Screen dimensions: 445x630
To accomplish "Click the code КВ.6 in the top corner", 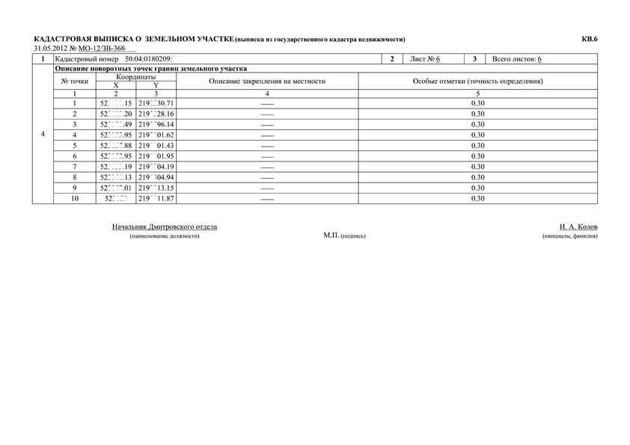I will [x=590, y=39].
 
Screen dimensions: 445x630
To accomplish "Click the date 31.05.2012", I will [x=50, y=49].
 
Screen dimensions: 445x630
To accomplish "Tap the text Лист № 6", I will [x=425, y=58].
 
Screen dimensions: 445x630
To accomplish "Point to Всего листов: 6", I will [x=517, y=58].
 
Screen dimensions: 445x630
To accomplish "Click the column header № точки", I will [x=75, y=81].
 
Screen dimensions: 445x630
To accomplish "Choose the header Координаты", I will [x=135, y=76].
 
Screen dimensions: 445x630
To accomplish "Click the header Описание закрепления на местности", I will [x=267, y=81].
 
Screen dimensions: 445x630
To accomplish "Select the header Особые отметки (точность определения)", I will [x=478, y=81].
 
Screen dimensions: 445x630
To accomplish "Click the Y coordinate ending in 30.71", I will [x=156, y=102].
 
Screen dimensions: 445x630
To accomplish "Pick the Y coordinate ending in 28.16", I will [x=156, y=114].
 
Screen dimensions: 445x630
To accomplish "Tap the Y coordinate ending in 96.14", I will [x=156, y=124].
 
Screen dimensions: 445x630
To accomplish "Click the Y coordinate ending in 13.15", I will [x=156, y=188].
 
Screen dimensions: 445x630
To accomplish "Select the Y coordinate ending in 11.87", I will [x=156, y=199].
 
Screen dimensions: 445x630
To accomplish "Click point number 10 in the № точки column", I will [x=75, y=199].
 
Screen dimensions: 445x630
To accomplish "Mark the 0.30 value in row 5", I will [x=478, y=145].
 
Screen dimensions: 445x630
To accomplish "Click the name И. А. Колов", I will [x=578, y=226].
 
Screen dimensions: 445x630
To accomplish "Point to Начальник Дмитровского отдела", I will [x=165, y=226].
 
